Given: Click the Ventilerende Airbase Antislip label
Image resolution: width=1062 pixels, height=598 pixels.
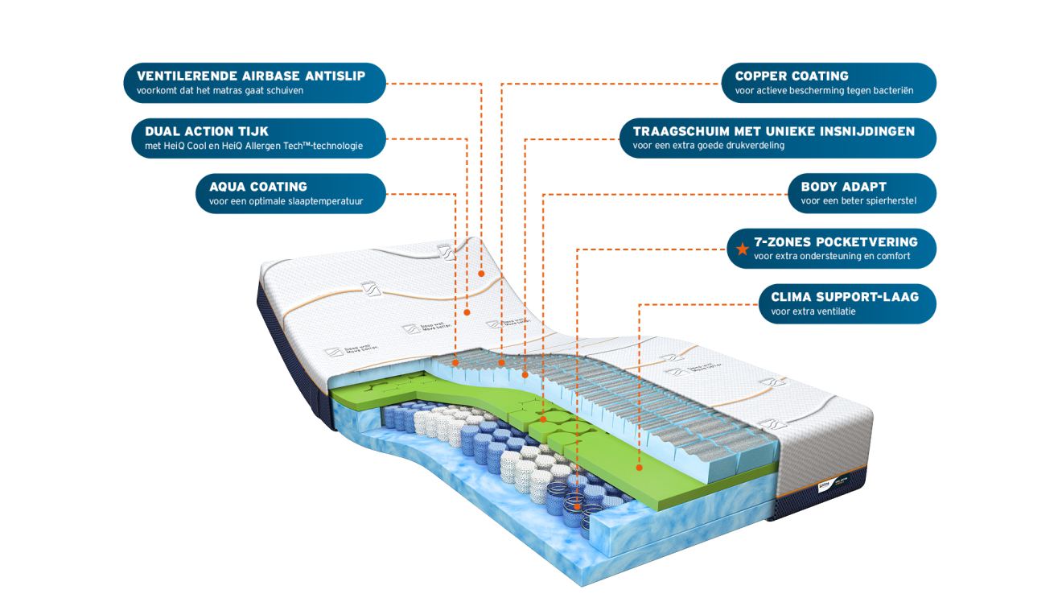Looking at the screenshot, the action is pyautogui.click(x=254, y=83).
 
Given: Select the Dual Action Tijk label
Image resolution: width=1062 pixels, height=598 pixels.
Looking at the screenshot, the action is pyautogui.click(x=258, y=138).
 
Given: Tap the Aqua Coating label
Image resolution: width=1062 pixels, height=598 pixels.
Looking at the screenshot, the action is pyautogui.click(x=290, y=193).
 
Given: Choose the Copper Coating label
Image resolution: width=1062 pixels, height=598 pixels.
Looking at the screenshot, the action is pyautogui.click(x=829, y=83).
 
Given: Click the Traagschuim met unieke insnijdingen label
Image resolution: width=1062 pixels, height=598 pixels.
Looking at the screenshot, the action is pyautogui.click(x=778, y=138).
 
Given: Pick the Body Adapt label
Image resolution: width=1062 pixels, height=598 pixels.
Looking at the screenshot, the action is pyautogui.click(x=862, y=193).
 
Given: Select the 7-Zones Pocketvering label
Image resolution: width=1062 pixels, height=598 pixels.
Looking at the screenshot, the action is pyautogui.click(x=832, y=249).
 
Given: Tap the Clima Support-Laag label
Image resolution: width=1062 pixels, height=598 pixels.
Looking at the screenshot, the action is pyautogui.click(x=847, y=304).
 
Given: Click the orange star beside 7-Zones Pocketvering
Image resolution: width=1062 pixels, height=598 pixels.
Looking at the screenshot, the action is pyautogui.click(x=742, y=249).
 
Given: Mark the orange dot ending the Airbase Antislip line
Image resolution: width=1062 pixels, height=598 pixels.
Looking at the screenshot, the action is pyautogui.click(x=481, y=274).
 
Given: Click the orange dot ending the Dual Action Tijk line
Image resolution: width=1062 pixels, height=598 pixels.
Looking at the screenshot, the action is pyautogui.click(x=467, y=312).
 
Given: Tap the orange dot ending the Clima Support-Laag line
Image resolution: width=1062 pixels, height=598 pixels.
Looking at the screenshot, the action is pyautogui.click(x=639, y=468).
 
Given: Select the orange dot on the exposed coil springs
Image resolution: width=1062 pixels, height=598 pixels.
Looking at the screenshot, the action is pyautogui.click(x=577, y=506).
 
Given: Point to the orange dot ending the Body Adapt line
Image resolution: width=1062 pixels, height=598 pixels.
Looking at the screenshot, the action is pyautogui.click(x=543, y=419).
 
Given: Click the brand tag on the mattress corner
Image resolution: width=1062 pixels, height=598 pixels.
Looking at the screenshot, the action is pyautogui.click(x=825, y=486).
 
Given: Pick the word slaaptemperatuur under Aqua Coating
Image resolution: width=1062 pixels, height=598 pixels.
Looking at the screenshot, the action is pyautogui.click(x=326, y=201).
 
